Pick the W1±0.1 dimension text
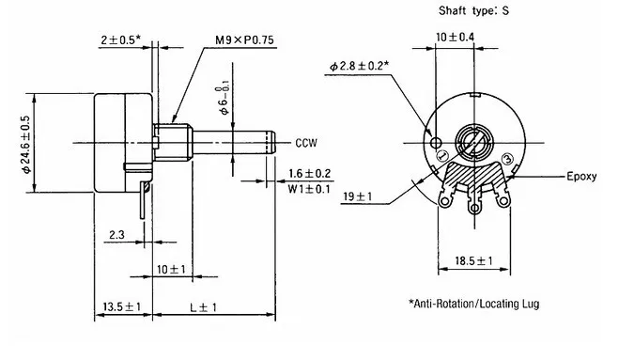pos(310,189)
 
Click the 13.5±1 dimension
pos(121,307)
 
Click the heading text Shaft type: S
pos(474,12)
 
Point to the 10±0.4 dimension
pos(455,37)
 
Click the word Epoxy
pos(580,176)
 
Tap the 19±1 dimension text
pos(358,196)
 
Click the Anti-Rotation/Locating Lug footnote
pos(473,305)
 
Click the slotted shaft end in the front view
pos(472,144)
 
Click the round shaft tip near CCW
pos(272,143)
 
